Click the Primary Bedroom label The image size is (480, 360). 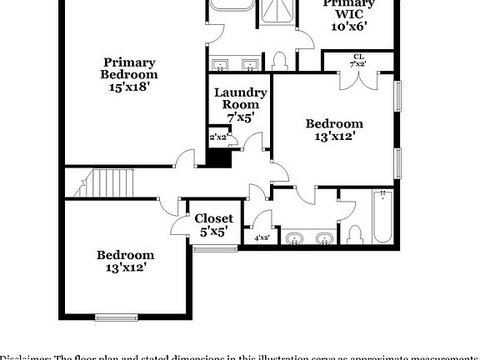129,67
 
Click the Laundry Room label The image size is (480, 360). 240,98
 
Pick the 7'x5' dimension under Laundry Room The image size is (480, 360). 240,117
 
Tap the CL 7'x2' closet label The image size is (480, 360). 358,60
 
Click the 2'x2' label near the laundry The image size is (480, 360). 218,137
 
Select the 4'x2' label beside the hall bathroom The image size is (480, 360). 261,237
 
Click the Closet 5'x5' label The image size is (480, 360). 214,225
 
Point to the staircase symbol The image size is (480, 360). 112,183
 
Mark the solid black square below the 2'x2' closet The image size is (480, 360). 218,157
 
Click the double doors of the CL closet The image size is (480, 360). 359,77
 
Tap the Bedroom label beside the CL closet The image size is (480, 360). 334,123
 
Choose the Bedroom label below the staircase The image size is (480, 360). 125,255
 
